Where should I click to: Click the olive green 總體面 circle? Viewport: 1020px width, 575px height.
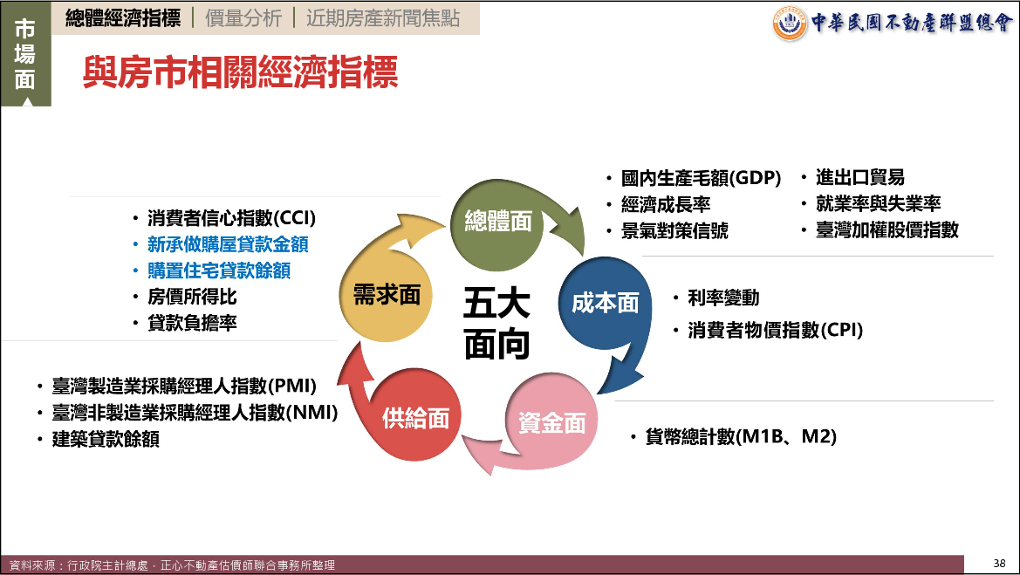[x=497, y=225]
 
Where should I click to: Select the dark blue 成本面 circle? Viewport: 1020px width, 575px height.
[x=605, y=304]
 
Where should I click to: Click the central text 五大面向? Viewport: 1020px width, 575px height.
[x=496, y=324]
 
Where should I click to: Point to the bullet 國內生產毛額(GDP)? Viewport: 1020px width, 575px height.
[x=701, y=178]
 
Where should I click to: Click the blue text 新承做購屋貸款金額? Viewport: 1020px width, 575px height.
[x=228, y=244]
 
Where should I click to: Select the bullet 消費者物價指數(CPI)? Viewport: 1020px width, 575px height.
[x=776, y=331]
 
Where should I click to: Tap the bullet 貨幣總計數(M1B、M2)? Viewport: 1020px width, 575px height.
[x=741, y=436]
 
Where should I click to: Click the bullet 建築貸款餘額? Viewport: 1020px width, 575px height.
[x=106, y=439]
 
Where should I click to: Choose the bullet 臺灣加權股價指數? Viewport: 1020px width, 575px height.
[x=887, y=229]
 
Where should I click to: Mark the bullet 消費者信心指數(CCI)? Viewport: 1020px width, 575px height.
[x=231, y=218]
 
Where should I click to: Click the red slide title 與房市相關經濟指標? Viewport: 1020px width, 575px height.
[x=240, y=72]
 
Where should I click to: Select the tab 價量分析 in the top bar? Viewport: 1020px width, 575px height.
[x=244, y=18]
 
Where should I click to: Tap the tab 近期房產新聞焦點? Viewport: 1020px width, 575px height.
[x=383, y=18]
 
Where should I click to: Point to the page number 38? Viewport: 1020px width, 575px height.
[x=999, y=564]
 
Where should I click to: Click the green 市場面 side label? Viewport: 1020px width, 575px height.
[x=25, y=54]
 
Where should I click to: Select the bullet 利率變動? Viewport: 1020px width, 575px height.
[x=723, y=298]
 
